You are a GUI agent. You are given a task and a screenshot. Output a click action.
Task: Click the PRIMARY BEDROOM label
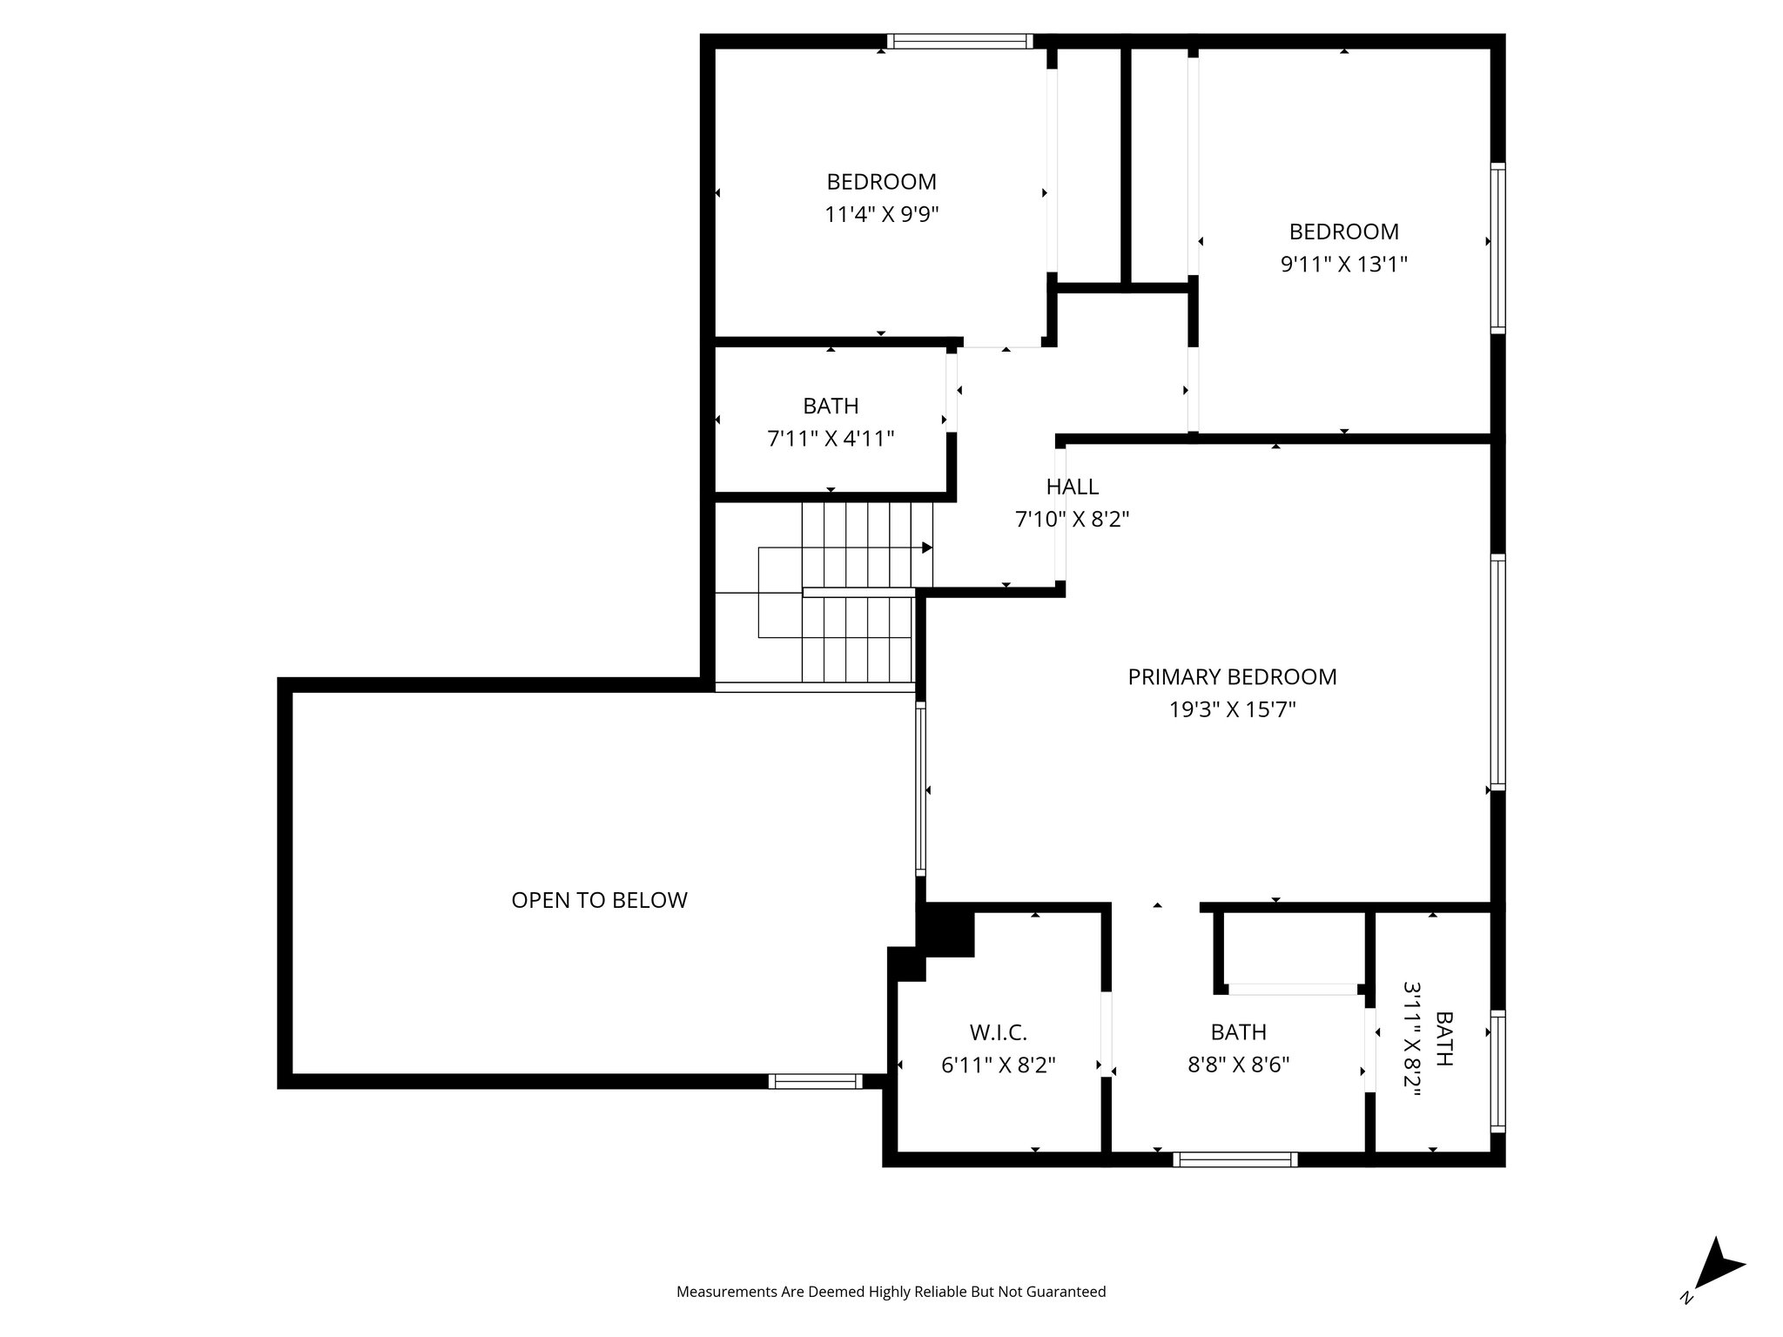(1232, 676)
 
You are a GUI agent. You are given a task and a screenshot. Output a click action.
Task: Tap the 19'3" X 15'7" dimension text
(1232, 709)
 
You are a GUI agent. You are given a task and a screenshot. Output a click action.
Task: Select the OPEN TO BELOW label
(599, 900)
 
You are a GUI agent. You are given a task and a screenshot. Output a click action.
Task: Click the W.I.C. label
(999, 1032)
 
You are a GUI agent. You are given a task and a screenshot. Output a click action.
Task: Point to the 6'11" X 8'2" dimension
(999, 1065)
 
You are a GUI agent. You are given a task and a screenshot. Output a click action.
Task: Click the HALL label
(1072, 487)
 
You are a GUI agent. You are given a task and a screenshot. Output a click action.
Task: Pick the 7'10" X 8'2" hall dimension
(1072, 520)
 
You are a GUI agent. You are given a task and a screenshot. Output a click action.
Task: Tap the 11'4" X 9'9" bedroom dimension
(881, 214)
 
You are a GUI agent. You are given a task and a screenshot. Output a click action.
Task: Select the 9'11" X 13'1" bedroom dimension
(1343, 264)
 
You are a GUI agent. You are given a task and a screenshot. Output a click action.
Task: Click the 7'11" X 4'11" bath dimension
(831, 439)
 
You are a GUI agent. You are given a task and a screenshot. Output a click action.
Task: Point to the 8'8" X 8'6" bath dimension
(1238, 1065)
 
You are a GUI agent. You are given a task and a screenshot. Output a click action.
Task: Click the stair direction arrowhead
(927, 548)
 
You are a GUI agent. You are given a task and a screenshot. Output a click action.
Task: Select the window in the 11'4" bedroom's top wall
(959, 41)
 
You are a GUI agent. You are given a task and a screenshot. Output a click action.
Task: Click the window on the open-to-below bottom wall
(815, 1081)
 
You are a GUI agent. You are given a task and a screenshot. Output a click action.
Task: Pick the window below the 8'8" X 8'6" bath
(1235, 1159)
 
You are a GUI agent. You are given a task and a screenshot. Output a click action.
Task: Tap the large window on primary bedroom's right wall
(1497, 671)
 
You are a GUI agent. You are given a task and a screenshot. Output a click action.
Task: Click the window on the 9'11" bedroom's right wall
(1497, 247)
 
